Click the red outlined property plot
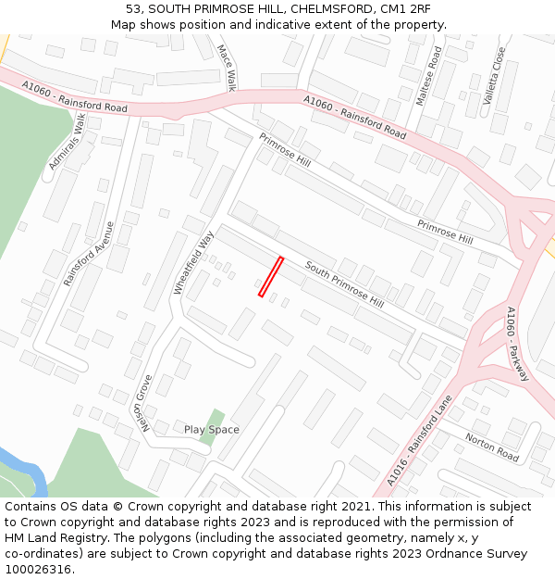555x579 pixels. [x=270, y=277]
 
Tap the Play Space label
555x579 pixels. [x=211, y=430]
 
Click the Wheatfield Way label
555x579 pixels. [x=193, y=262]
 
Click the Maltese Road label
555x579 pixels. [x=429, y=77]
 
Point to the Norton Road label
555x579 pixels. [x=492, y=447]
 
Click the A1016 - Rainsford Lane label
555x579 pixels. [x=420, y=441]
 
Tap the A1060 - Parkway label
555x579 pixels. [x=518, y=344]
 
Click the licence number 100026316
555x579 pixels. [x=38, y=570]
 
